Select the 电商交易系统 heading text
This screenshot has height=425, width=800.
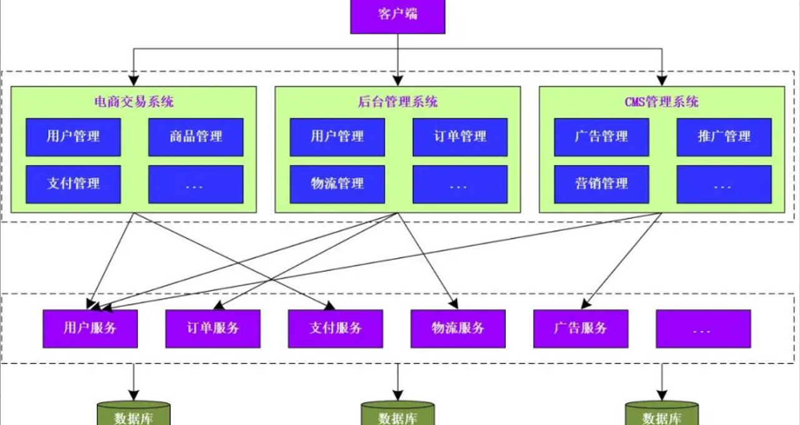(x=134, y=102)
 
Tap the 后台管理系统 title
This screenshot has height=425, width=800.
(x=398, y=102)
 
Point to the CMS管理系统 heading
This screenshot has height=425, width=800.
(x=661, y=102)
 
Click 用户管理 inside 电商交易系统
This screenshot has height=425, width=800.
(x=73, y=137)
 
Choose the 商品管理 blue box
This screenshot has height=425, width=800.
(x=195, y=137)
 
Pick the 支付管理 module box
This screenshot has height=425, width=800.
(x=73, y=184)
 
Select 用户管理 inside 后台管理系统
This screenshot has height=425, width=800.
(x=337, y=137)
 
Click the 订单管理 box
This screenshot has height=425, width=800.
(x=460, y=137)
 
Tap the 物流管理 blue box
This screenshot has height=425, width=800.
(x=337, y=184)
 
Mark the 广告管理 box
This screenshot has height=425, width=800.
(x=601, y=137)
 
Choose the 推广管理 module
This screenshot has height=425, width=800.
(x=724, y=137)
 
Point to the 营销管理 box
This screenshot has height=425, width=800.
(x=601, y=184)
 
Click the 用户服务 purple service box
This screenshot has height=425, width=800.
(x=90, y=329)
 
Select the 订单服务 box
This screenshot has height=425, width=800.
(x=212, y=329)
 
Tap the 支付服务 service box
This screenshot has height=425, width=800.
(x=335, y=329)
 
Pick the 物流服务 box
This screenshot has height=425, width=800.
(x=458, y=329)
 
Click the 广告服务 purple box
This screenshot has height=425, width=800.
(x=581, y=329)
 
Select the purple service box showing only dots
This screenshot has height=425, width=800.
(x=703, y=329)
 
